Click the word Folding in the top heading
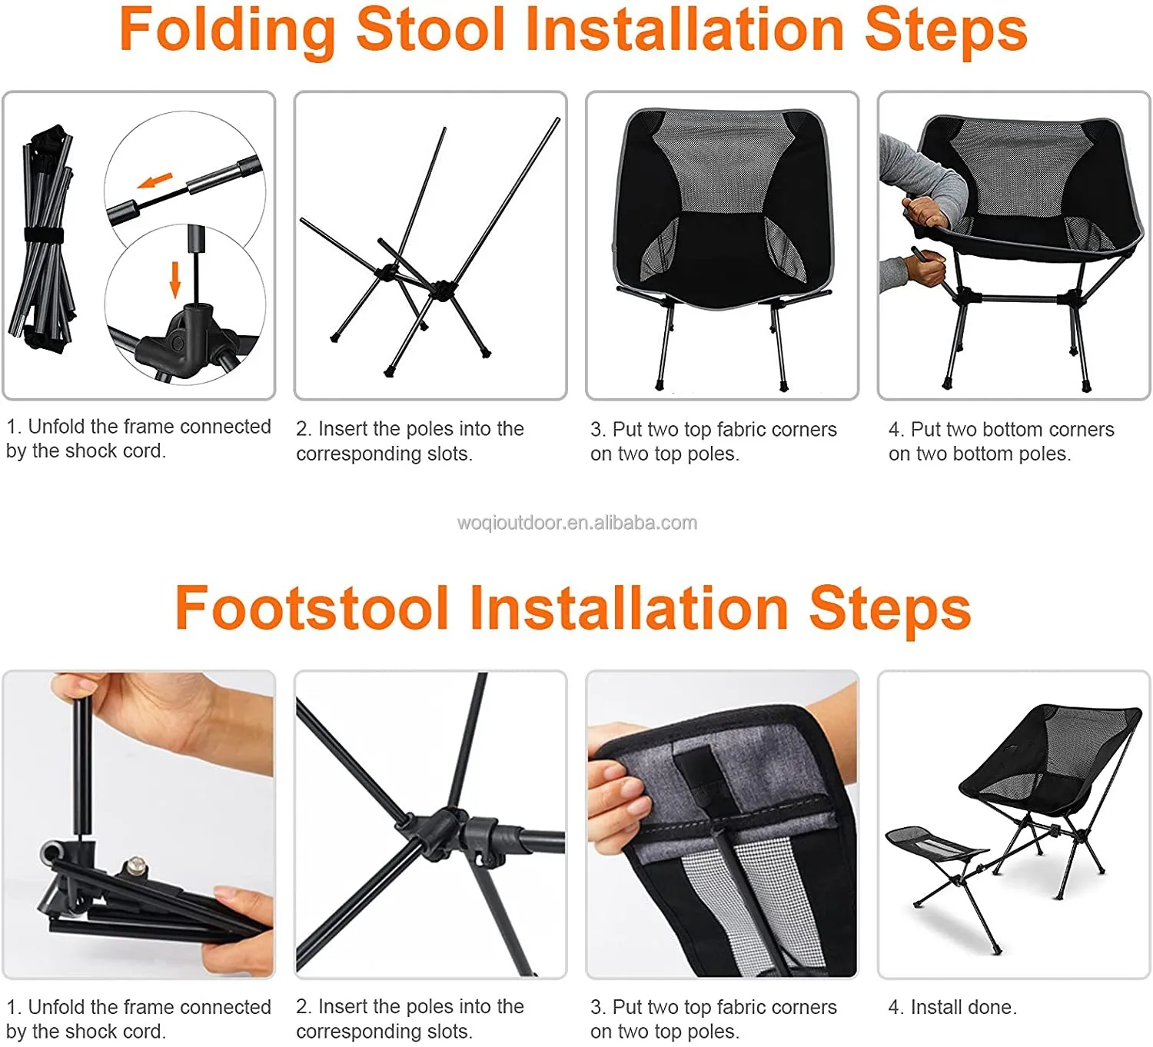(x=227, y=31)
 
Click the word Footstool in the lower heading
(x=311, y=608)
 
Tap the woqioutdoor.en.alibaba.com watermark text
(x=576, y=523)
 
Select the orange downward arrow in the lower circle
(x=175, y=278)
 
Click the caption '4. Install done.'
(x=952, y=1007)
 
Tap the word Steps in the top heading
(x=945, y=31)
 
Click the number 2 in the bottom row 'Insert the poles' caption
(x=302, y=1006)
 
